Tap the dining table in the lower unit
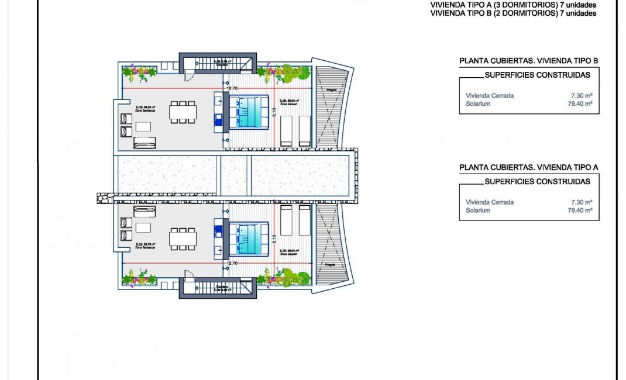click(183, 237)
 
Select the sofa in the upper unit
click(145, 141)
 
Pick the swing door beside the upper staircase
click(188, 75)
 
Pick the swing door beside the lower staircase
click(188, 276)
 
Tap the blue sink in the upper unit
click(218, 120)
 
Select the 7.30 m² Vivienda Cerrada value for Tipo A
click(583, 202)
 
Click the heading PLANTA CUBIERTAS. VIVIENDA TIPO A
click(529, 168)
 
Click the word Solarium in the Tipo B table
click(478, 104)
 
